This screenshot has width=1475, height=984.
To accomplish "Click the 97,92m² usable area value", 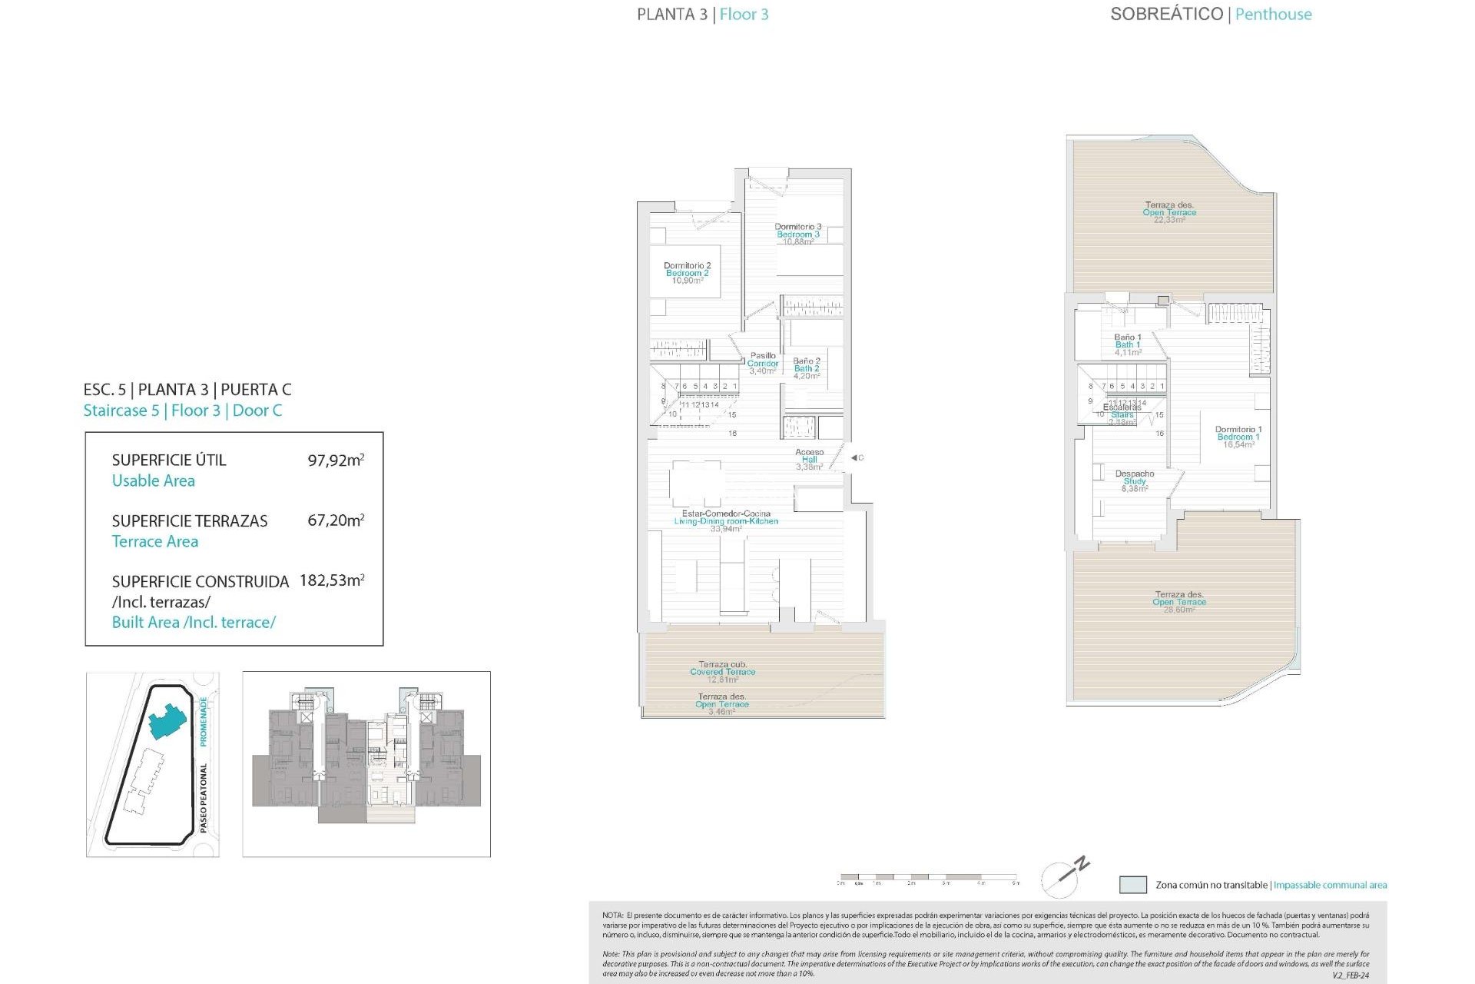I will click(336, 460).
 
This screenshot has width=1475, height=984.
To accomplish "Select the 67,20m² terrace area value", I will click(336, 520).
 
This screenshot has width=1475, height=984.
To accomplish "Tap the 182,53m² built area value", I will click(332, 580).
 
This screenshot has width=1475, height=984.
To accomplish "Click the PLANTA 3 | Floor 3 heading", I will click(702, 14).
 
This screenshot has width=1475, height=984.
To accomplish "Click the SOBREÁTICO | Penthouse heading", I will click(1211, 14).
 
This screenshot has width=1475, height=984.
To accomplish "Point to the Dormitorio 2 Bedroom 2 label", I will click(687, 273).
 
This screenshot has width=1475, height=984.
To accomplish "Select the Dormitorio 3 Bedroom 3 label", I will click(797, 234).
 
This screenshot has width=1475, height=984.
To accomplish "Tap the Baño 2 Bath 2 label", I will click(806, 368).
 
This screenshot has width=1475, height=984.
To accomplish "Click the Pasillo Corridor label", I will click(763, 363).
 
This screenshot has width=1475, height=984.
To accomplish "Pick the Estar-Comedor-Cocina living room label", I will click(726, 520).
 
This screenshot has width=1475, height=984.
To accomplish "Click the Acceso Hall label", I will click(809, 459).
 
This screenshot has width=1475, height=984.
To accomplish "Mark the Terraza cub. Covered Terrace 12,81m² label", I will click(722, 671).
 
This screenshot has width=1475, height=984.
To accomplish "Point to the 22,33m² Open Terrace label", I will click(1168, 212).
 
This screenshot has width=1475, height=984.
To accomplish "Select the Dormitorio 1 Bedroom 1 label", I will click(1238, 437).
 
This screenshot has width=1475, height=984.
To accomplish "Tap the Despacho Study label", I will click(1134, 480).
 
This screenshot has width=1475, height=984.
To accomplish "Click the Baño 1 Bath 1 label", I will click(1127, 344).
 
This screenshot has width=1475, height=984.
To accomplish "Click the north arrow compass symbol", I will click(1064, 876).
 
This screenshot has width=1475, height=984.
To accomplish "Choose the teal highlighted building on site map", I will click(167, 721).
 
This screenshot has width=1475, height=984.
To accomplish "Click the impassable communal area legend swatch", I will click(1132, 885).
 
